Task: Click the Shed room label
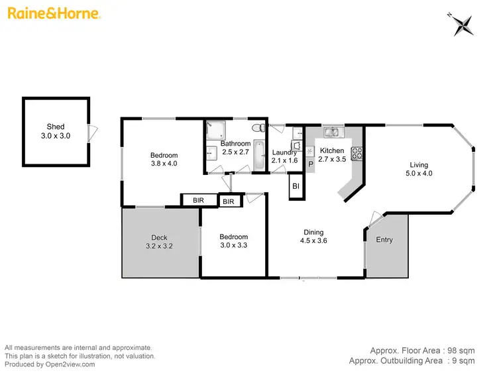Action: [x=56, y=127]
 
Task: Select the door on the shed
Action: [x=93, y=132]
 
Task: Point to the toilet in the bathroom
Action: [x=263, y=127]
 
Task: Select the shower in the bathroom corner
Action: [x=215, y=130]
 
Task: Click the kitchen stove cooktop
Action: [x=356, y=153]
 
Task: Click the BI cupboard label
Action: [x=296, y=187]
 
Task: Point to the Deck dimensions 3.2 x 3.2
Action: [x=159, y=246]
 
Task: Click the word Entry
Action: [x=384, y=240]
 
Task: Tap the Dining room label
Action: [x=313, y=233]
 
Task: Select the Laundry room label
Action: [x=285, y=152]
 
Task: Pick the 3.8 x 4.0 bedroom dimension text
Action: [x=164, y=163]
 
